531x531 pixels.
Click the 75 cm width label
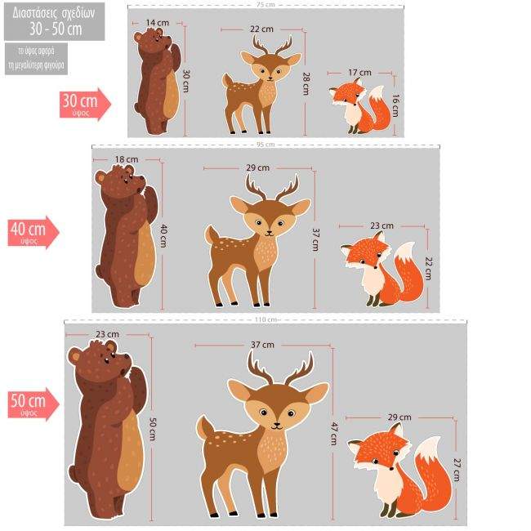[x=265, y=5]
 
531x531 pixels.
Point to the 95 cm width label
[x=265, y=145]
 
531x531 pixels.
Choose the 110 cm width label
[x=265, y=319]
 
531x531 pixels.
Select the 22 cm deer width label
[x=261, y=29]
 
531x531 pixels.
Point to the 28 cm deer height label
[x=308, y=83]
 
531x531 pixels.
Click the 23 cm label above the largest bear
[x=107, y=334]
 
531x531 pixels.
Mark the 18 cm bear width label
[x=127, y=159]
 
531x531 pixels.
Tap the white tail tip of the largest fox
[x=428, y=450]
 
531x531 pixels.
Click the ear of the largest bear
[x=74, y=356]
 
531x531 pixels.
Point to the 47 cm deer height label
[x=333, y=431]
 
